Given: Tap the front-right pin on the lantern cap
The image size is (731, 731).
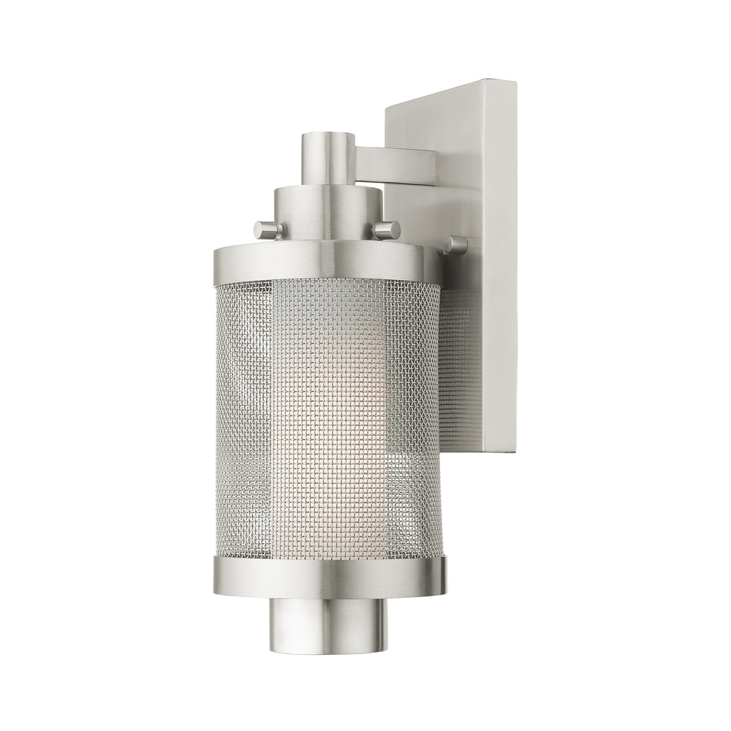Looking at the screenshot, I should (386, 230).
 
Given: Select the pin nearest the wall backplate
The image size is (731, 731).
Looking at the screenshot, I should (456, 245).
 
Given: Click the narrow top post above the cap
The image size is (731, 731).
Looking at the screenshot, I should (327, 157).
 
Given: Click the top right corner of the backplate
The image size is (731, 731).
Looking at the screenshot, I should (515, 82).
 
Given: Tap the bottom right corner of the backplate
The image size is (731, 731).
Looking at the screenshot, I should (515, 450).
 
